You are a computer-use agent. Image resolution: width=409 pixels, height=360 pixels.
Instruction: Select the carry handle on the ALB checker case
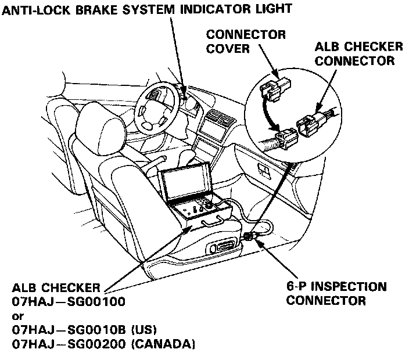tap(211, 222)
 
